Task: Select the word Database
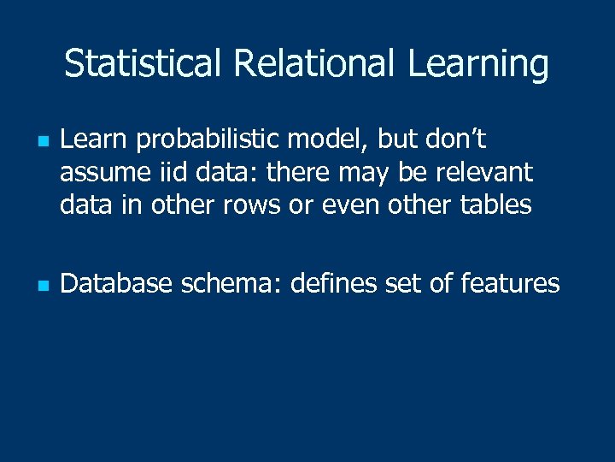(x=116, y=283)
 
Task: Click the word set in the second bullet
(x=404, y=283)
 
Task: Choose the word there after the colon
(x=302, y=173)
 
